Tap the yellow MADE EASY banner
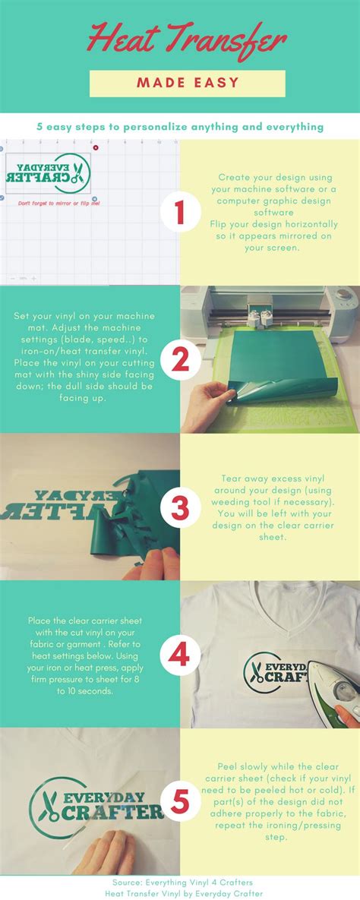[188, 84]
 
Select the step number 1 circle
[179, 213]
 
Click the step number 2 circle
[179, 360]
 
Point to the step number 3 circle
[179, 507]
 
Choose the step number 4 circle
[179, 655]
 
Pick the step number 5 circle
[179, 802]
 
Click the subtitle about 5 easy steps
[180, 127]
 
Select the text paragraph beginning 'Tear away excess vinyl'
[269, 507]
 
